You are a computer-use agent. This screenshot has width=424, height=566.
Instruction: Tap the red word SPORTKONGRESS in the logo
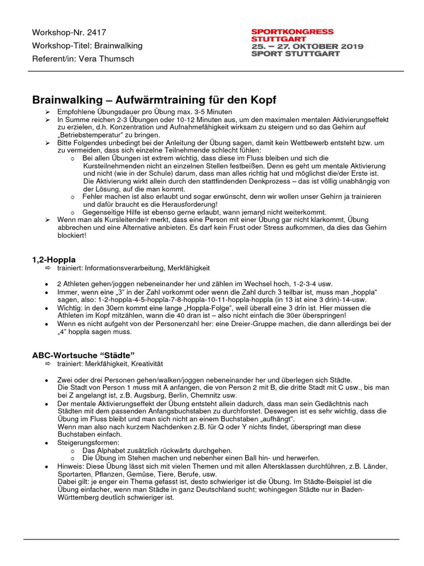click(292, 32)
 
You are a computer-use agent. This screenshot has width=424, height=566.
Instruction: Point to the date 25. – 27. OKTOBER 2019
click(307, 46)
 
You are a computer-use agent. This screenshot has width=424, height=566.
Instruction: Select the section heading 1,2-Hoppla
click(54, 259)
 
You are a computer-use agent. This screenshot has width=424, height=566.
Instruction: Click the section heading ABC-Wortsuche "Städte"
click(83, 355)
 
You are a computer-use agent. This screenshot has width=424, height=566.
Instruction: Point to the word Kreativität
click(146, 364)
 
